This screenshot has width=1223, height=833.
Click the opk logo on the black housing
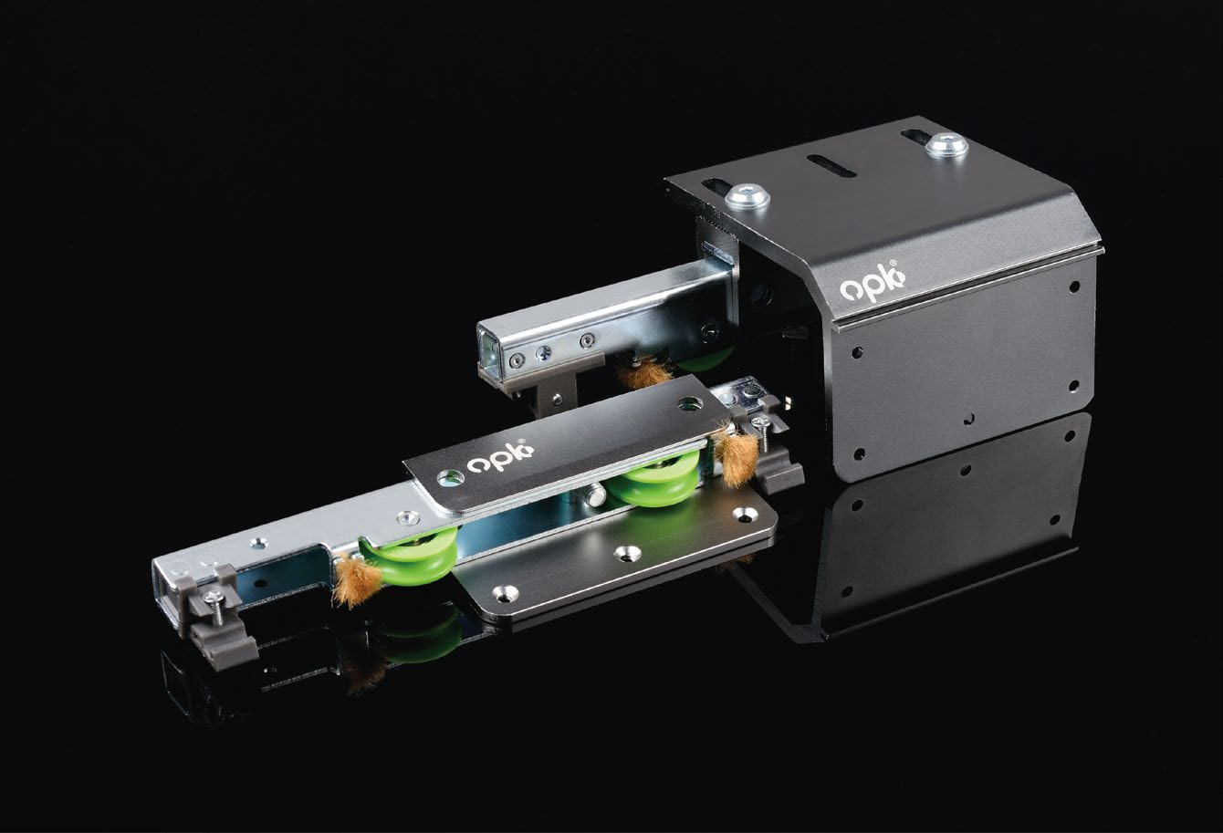pyautogui.click(x=872, y=281)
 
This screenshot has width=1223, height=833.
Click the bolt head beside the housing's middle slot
pyautogui.click(x=946, y=146)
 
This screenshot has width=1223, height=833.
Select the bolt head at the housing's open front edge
pyautogui.click(x=747, y=196)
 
